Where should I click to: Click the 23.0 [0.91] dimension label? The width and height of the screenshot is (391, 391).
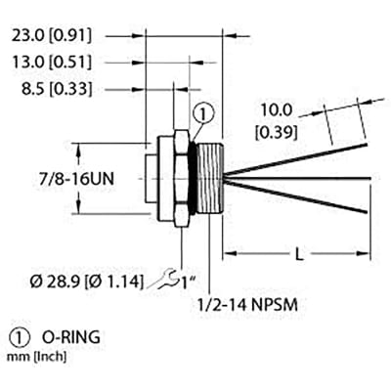coord(51,36)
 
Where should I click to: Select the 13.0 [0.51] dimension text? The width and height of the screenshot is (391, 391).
coord(51,62)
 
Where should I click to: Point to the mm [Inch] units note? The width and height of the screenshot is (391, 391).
coord(36,357)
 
